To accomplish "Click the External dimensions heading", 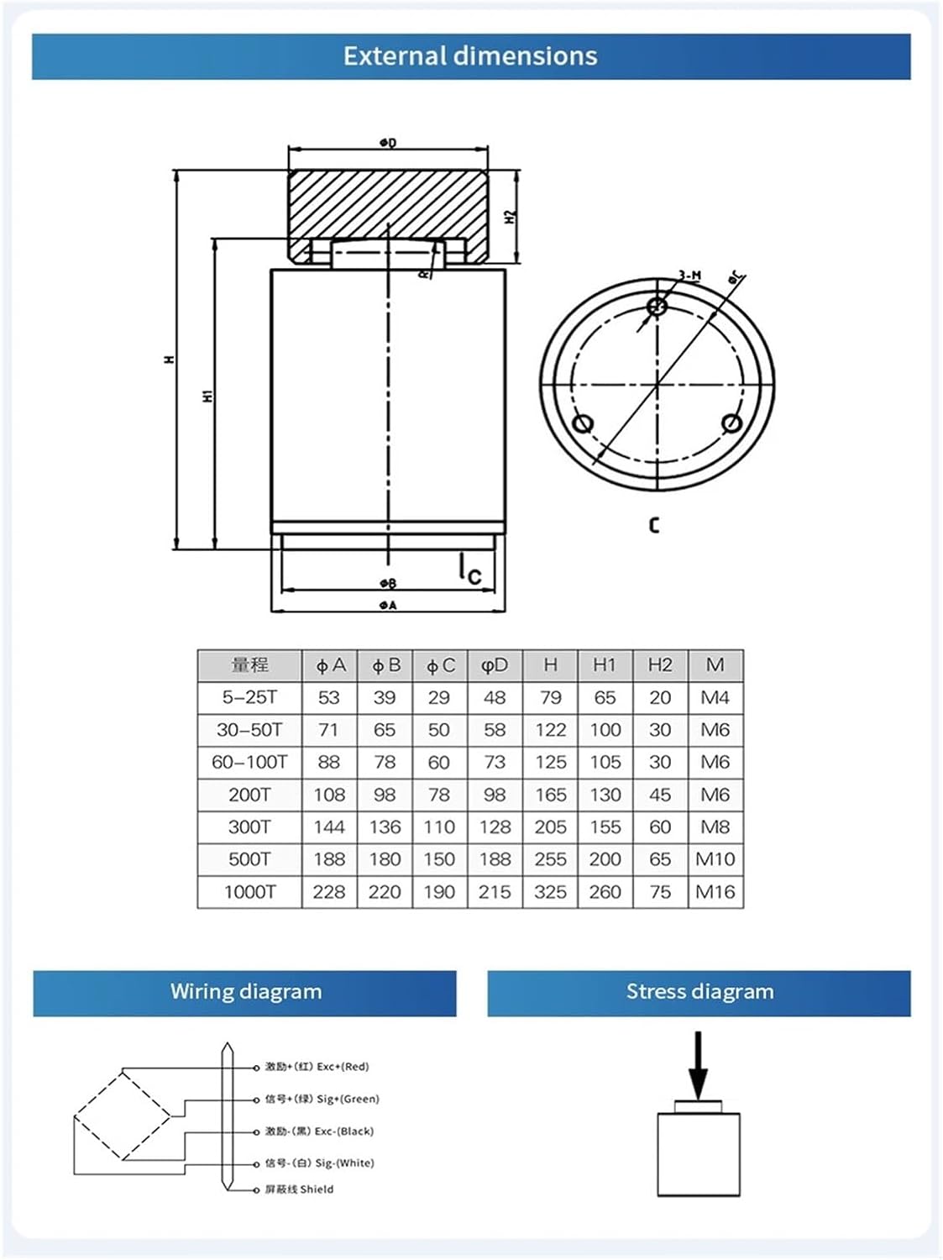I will coord(470,56).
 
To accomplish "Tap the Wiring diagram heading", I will coord(245,992).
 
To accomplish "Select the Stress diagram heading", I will coord(699,992).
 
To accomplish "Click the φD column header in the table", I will coord(495,665).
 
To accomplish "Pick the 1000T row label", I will coord(249,892).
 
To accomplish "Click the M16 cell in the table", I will coord(715,892).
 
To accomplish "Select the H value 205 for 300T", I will coord(550,827).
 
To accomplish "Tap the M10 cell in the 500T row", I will coord(715,859).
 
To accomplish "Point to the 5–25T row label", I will coord(249,698).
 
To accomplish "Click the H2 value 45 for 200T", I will coord(660,795).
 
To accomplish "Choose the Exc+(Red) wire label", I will coord(317,1067).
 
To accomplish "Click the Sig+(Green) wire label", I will coord(322,1099).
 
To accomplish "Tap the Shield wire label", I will coord(300,1189).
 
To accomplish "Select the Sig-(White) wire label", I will coord(320,1163).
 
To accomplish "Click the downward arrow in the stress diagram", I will coord(698,1065).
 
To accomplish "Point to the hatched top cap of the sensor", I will coord(388,206).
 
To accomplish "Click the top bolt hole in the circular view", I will coord(658,306).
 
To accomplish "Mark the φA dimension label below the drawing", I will coord(387,605).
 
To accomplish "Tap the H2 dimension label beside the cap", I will coord(510,216).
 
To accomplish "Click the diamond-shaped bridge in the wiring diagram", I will coord(123,1115).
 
